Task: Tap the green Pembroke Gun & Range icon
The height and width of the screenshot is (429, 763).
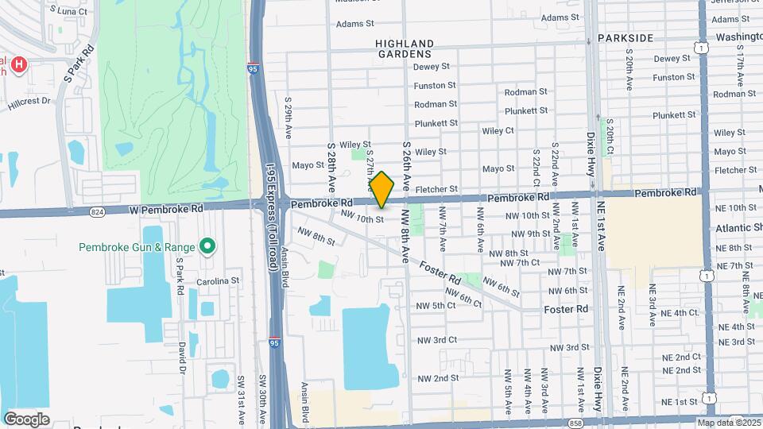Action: [207, 247]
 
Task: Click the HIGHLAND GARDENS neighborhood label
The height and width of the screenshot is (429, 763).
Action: [405, 49]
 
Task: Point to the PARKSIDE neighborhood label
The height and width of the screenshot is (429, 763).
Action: [626, 38]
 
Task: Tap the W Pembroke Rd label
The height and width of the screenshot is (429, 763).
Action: [165, 209]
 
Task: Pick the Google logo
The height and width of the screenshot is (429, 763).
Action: [26, 419]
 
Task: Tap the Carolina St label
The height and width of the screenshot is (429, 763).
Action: [219, 281]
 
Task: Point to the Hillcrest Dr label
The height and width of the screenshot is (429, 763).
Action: [29, 102]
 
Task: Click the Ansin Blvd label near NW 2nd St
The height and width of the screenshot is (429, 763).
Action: [304, 401]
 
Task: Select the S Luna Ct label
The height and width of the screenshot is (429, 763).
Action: [68, 11]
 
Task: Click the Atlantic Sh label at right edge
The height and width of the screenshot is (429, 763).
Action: [738, 228]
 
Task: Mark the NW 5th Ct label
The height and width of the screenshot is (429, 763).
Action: [436, 305]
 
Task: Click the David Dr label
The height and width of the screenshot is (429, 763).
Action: [182, 355]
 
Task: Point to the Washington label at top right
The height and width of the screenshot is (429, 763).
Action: [738, 37]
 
